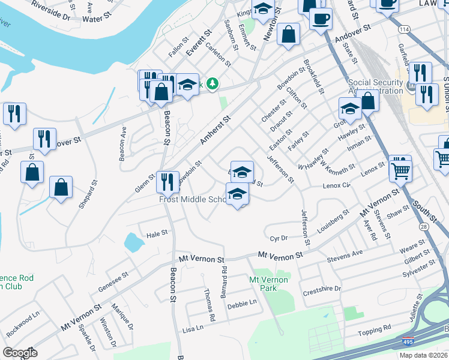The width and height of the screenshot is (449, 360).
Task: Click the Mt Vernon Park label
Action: pyautogui.click(x=268, y=284)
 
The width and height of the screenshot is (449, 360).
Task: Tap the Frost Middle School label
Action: pyautogui.click(x=192, y=199)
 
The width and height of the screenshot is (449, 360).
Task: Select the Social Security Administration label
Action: pyautogui.click(x=375, y=86)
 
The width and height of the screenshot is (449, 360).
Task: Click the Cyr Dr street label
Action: pyautogui.click(x=279, y=238)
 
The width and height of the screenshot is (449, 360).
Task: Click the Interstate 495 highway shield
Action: pyautogui.click(x=406, y=341)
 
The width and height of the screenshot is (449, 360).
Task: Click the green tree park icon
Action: pyautogui.click(x=212, y=85)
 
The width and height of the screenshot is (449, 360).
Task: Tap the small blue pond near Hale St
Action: pyautogui.click(x=133, y=243)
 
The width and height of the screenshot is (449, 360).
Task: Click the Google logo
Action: pyautogui.click(x=20, y=353)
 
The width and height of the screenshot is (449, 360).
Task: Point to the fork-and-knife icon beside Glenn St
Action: pyautogui.click(x=167, y=180)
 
